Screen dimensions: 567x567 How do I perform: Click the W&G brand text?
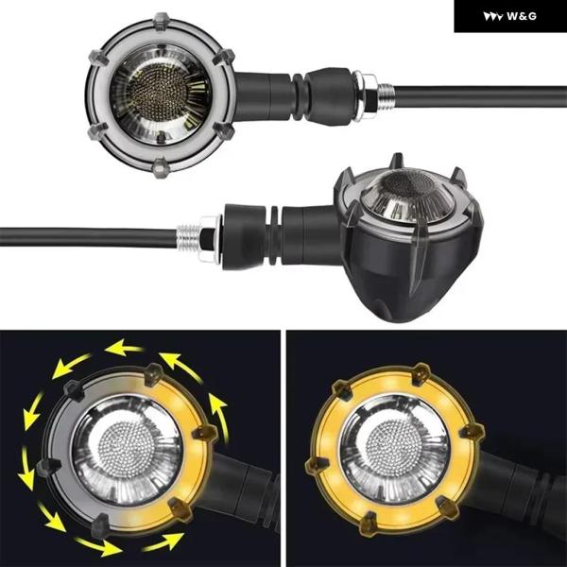tap(522, 16)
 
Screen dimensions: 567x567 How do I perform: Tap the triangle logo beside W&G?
tap(493, 17)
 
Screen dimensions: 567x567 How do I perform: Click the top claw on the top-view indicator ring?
tap(162, 21)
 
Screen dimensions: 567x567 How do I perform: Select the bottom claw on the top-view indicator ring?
tap(161, 167)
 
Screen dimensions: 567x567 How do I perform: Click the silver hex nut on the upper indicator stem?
tap(365, 94)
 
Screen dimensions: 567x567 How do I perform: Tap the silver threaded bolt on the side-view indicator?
tap(189, 237)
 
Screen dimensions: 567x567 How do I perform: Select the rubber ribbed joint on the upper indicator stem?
tap(299, 96)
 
